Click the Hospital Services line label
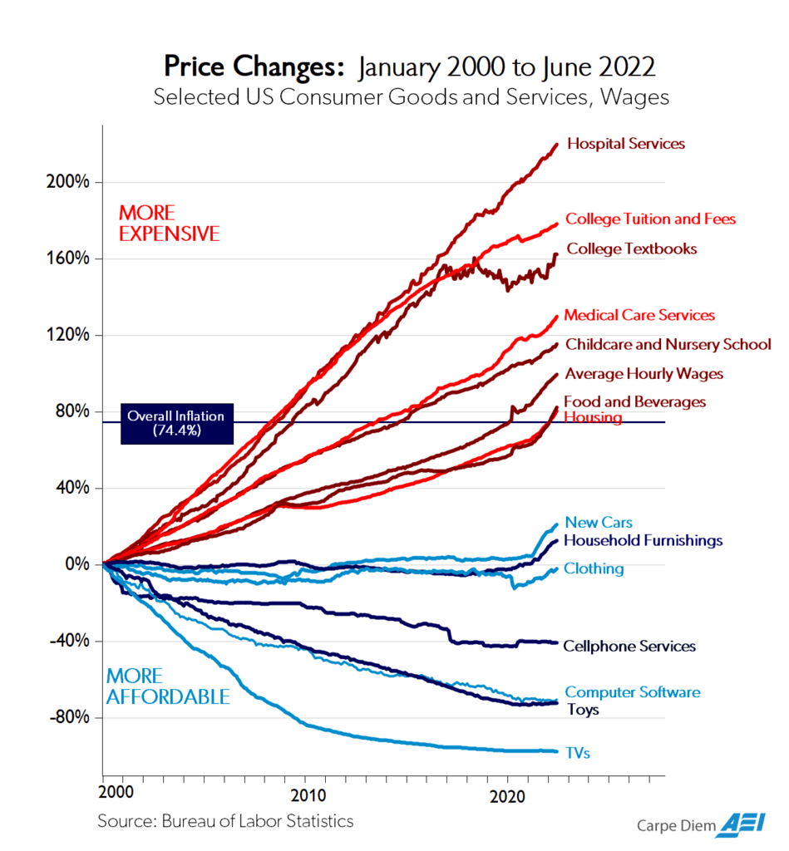click(x=625, y=144)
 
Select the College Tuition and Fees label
click(x=650, y=219)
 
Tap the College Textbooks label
click(x=631, y=248)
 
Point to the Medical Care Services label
click(x=639, y=316)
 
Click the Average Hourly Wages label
click(x=644, y=374)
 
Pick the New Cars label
click(x=599, y=523)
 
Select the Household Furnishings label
click(x=643, y=541)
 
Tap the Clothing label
click(x=594, y=569)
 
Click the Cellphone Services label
click(x=629, y=646)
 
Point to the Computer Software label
click(x=632, y=692)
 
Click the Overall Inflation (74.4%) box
click(x=176, y=423)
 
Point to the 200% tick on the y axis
click(x=68, y=182)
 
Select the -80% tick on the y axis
click(x=68, y=717)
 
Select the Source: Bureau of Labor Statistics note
click(x=225, y=821)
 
